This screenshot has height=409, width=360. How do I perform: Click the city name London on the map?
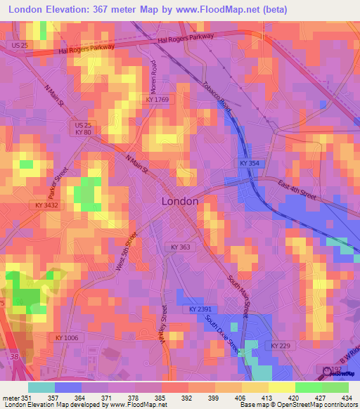pos(180,201)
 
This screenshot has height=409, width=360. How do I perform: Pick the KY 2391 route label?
pos(200,309)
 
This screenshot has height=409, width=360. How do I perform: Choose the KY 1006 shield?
pos(68,337)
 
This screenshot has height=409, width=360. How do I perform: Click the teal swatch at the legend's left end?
pos(41,387)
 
